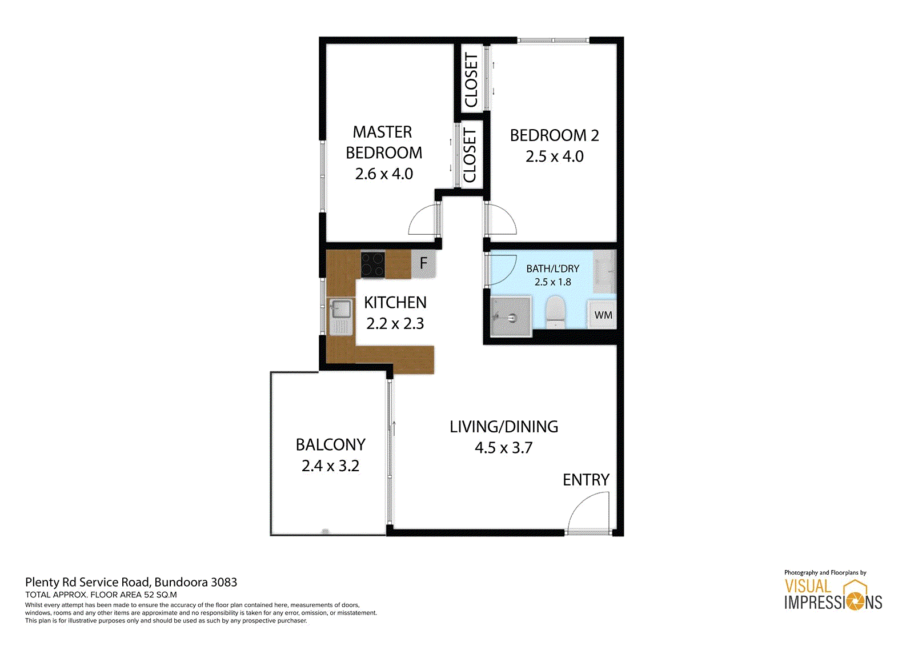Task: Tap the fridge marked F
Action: point(423,264)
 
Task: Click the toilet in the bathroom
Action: point(555,312)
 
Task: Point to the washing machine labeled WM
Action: point(602,314)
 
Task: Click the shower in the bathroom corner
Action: point(511,316)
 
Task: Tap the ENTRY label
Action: point(586,480)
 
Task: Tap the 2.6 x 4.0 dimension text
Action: point(384,174)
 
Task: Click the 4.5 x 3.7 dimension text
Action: point(503,448)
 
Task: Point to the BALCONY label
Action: point(331,444)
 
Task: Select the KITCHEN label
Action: point(395,302)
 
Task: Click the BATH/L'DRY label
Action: point(552,268)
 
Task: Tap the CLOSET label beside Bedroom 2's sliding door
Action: point(471,80)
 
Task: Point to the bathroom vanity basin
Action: point(604,271)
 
